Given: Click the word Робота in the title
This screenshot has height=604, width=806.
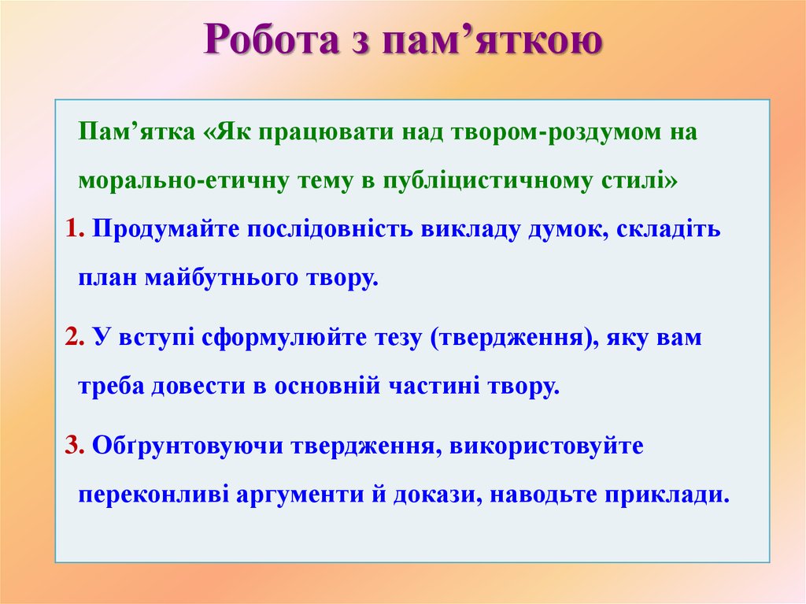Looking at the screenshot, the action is pyautogui.click(x=272, y=39).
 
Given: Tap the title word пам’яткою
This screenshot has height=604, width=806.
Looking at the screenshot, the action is pyautogui.click(x=492, y=40).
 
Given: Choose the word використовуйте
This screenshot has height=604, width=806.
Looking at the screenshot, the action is pyautogui.click(x=546, y=446).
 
